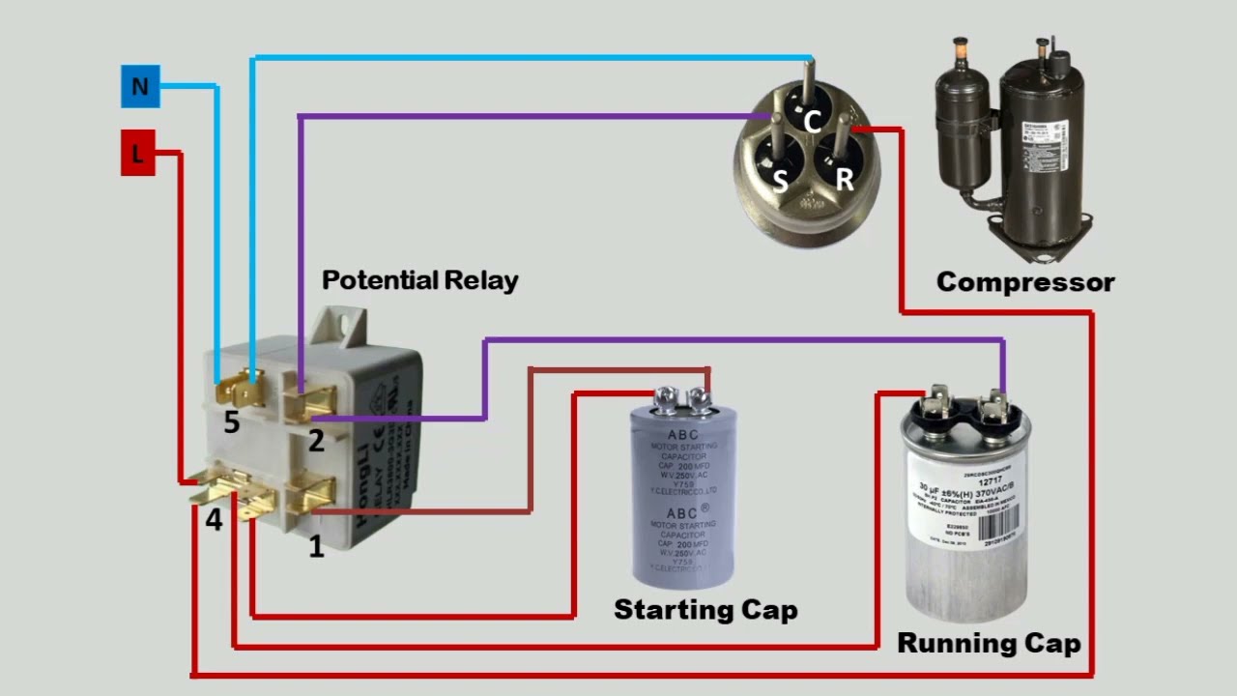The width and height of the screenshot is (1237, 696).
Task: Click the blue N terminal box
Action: (139, 87)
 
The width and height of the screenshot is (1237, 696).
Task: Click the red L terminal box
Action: (137, 153)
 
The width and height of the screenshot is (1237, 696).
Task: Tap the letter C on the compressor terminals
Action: (813, 122)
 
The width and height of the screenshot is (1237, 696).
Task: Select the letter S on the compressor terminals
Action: (780, 180)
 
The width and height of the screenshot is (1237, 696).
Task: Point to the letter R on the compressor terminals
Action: (844, 179)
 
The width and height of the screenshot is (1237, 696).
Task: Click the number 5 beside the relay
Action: (231, 422)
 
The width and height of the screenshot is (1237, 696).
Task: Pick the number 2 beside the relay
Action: (316, 442)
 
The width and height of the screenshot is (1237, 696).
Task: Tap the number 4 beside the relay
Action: (214, 520)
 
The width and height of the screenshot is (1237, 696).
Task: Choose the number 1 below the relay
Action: (316, 547)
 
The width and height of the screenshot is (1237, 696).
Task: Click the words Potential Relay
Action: (419, 280)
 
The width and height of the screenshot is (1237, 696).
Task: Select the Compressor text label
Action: (1024, 282)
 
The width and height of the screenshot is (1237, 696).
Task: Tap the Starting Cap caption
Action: (705, 610)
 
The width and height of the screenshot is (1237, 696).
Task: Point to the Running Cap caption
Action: (989, 643)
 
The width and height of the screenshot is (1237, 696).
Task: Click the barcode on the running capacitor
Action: (998, 526)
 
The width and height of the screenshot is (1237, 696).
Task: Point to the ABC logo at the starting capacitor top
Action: (682, 435)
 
